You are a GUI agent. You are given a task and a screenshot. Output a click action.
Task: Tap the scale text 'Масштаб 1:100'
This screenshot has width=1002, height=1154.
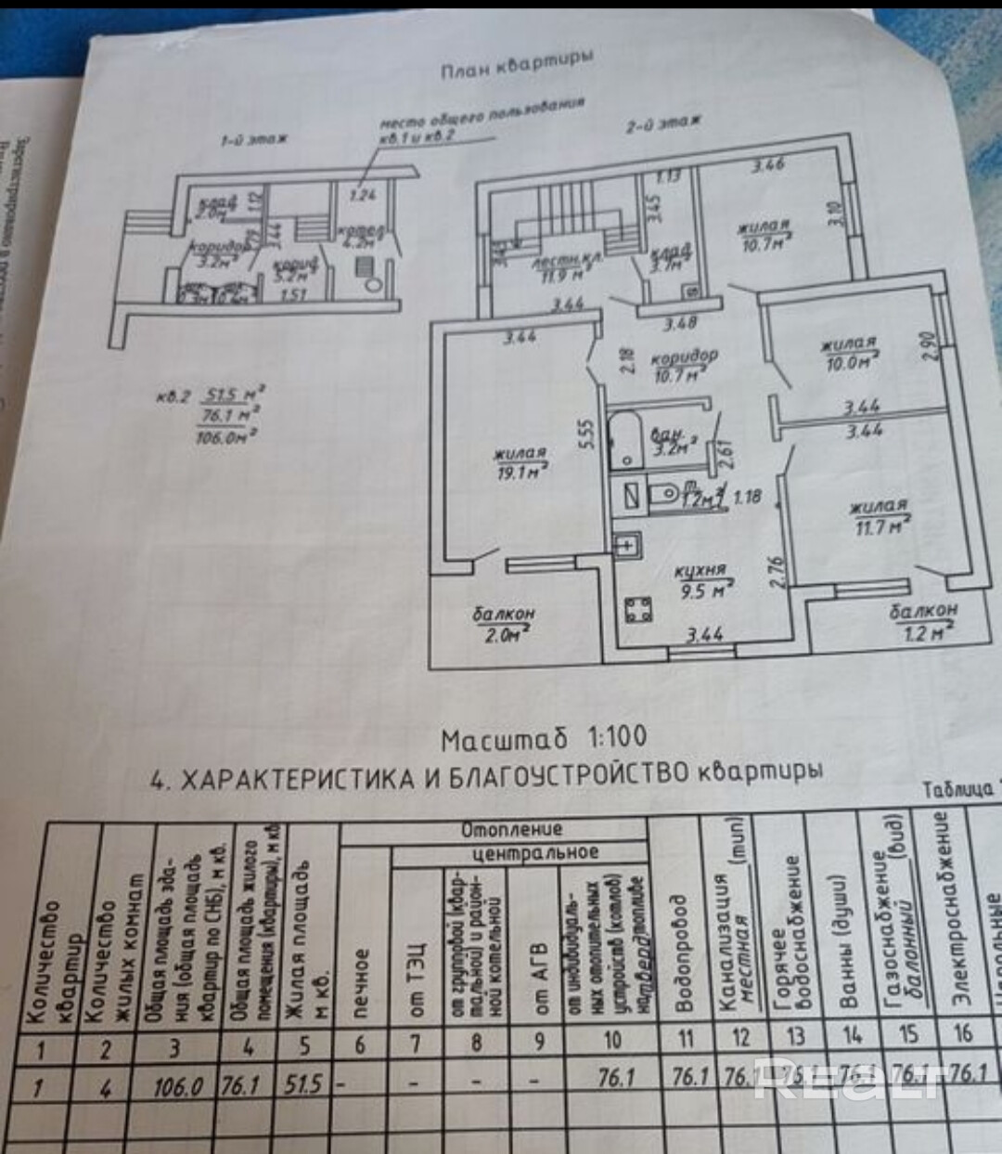(544, 738)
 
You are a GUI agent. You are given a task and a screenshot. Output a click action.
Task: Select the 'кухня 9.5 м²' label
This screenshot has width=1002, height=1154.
(702, 580)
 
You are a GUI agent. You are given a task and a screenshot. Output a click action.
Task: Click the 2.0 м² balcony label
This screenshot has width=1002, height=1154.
(504, 623)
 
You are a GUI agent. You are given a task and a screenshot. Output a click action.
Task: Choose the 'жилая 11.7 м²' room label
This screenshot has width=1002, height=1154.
(878, 517)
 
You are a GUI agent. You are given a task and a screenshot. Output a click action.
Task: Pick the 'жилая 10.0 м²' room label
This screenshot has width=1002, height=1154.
(849, 354)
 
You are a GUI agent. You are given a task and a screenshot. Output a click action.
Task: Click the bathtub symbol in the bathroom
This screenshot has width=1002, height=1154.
(626, 442)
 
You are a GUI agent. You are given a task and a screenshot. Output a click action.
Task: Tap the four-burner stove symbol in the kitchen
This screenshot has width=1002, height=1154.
(637, 609)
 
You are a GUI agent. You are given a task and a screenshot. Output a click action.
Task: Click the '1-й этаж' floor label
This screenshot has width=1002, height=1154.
(254, 139)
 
